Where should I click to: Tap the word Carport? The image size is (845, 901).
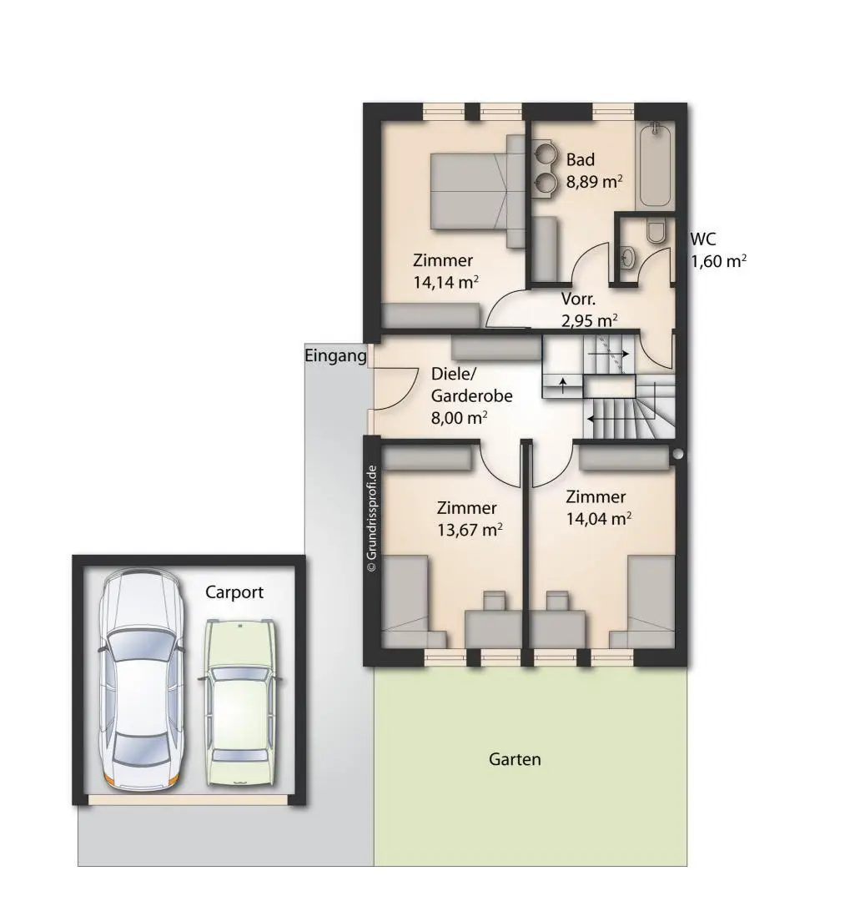(x=234, y=592)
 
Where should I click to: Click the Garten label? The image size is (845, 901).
(x=515, y=760)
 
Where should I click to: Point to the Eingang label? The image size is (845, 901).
(x=335, y=355)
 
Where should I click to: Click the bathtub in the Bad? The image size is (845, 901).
(x=654, y=165)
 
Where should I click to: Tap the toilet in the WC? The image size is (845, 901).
(x=656, y=230)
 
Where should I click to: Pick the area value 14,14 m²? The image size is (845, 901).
(x=446, y=282)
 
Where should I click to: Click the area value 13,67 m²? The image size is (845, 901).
(x=470, y=529)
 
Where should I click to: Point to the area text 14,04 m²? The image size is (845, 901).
(x=599, y=518)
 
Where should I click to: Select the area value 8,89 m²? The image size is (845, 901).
(x=595, y=182)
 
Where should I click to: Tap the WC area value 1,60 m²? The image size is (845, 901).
(x=718, y=261)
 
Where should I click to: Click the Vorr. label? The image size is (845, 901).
(x=578, y=299)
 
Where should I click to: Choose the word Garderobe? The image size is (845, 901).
(x=471, y=396)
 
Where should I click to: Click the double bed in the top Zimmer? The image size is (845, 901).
(x=478, y=191)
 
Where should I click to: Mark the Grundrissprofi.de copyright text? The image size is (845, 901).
(x=372, y=518)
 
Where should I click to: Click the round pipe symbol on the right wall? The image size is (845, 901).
(x=678, y=454)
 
